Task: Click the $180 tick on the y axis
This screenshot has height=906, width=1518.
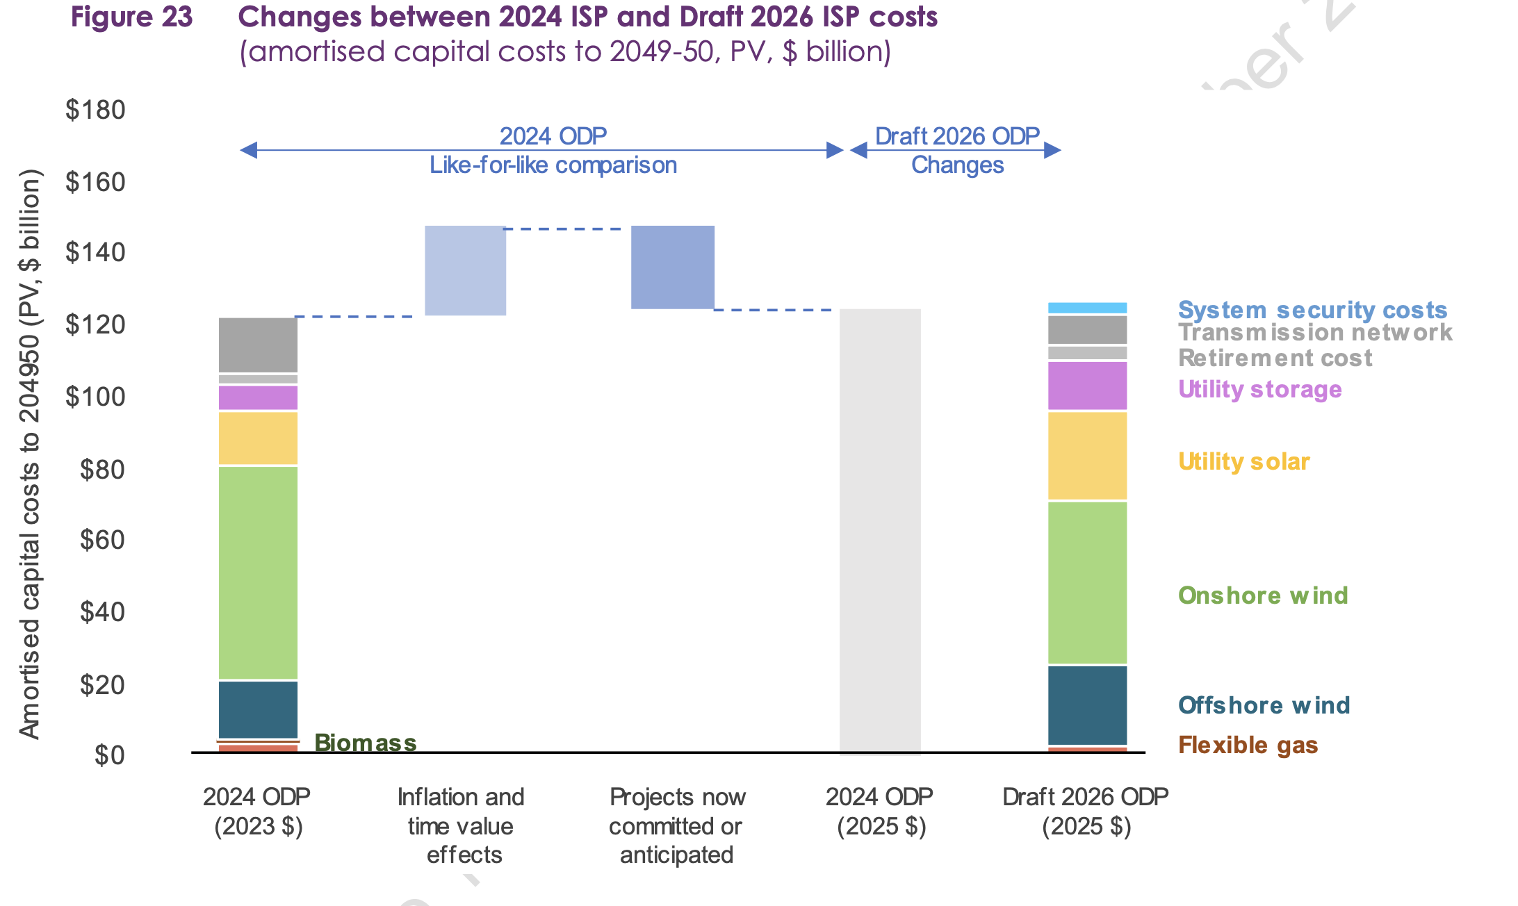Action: click(x=95, y=110)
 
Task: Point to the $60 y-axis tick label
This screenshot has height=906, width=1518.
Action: click(x=102, y=540)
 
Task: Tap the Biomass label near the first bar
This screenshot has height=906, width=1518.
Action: click(x=366, y=743)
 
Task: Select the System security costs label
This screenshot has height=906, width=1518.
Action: click(x=1312, y=310)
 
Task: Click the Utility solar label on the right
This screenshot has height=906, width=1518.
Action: click(x=1243, y=461)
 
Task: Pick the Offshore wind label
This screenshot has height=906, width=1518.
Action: click(x=1264, y=705)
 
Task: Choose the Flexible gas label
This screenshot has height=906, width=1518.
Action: click(x=1248, y=745)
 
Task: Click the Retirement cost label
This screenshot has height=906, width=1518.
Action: click(x=1275, y=358)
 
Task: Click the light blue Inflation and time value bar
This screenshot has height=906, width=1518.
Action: click(x=465, y=270)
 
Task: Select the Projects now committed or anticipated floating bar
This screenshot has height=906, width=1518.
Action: click(x=672, y=267)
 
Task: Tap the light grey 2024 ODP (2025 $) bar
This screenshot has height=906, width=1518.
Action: click(x=880, y=532)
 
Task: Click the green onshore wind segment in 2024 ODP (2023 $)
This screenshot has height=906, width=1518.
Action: click(x=258, y=573)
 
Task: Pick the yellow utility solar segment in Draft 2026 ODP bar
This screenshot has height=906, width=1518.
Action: click(x=1087, y=456)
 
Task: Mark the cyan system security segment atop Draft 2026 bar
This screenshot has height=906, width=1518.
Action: click(x=1087, y=308)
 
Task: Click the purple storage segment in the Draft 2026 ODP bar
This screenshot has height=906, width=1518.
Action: click(x=1087, y=386)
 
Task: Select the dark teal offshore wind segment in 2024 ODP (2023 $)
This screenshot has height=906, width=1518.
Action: click(x=258, y=709)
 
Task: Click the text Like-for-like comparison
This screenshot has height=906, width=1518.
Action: click(x=553, y=165)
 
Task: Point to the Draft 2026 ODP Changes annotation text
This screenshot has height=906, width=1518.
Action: click(x=957, y=150)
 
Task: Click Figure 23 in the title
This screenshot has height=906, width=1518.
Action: click(x=131, y=17)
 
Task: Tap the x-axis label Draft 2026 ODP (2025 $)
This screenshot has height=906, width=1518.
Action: click(x=1086, y=811)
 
